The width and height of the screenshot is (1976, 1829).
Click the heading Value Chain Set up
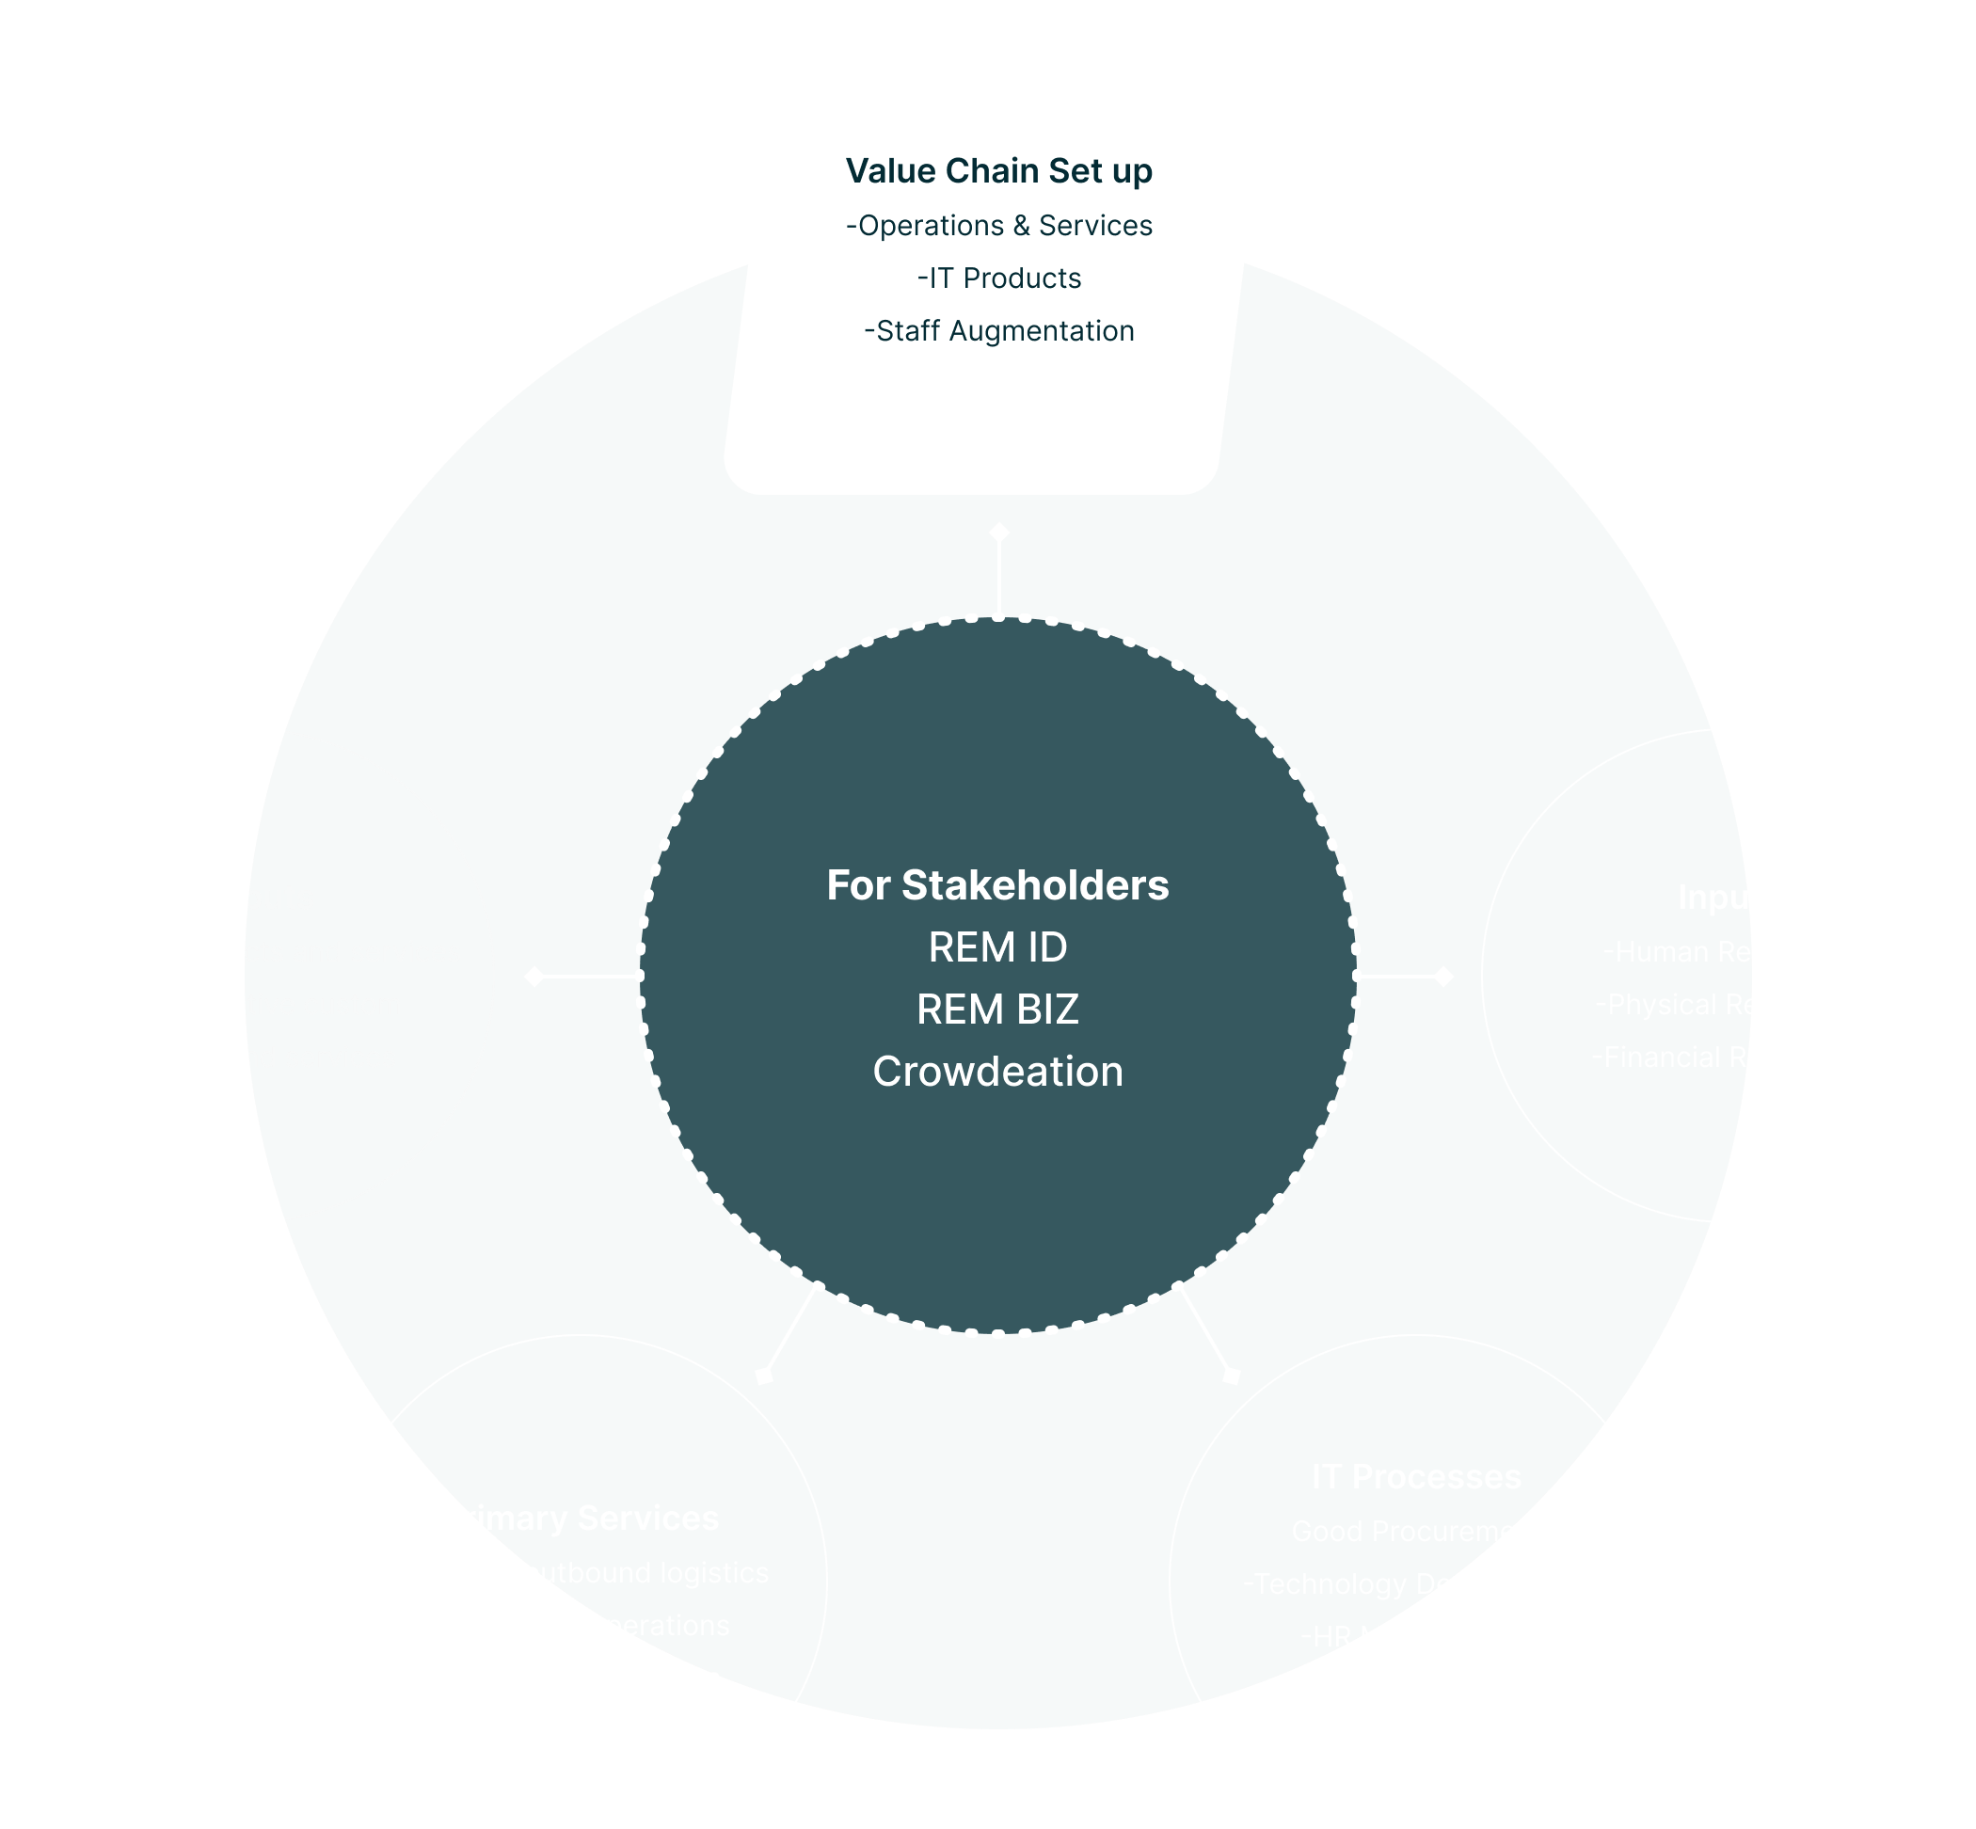998,171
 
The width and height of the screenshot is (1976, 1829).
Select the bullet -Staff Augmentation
998,330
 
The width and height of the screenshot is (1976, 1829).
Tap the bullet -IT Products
998,278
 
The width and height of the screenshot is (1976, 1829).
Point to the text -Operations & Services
998,226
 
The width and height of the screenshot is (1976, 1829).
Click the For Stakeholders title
996,884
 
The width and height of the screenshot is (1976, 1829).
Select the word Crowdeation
996,1072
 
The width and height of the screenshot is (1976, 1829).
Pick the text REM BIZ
996,1010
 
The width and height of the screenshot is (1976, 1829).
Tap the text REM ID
996,947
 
